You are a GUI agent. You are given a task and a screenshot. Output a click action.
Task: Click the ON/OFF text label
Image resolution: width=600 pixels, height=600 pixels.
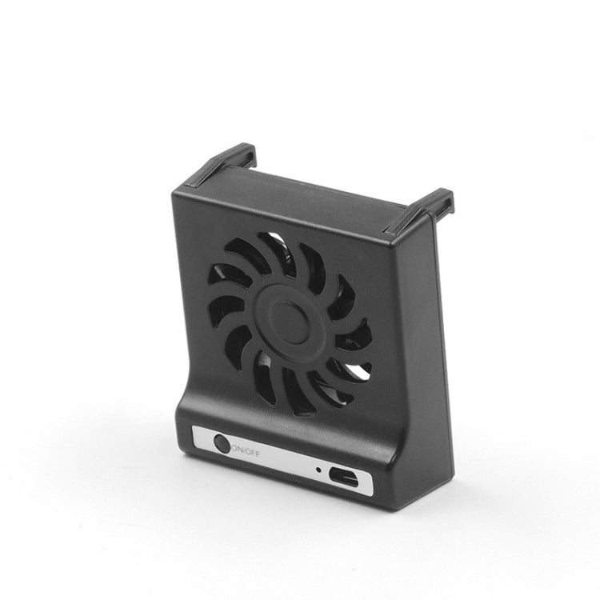(x=244, y=449)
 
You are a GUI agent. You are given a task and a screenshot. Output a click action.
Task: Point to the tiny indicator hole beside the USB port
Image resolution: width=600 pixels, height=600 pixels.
(x=318, y=470)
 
